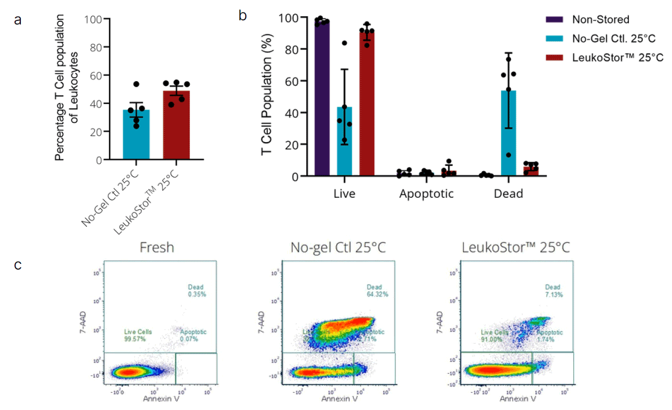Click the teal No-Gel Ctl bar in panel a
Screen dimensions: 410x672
coord(136,135)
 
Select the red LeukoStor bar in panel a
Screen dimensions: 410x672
coord(176,125)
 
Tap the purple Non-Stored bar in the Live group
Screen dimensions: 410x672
coord(322,99)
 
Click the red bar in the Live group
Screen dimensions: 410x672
coord(367,104)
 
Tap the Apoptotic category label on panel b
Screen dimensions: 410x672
coord(426,195)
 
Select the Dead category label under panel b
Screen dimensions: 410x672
coord(508,195)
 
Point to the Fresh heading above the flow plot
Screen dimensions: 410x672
coord(156,248)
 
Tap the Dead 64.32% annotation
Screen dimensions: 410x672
coord(377,290)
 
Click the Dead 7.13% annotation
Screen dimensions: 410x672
coord(552,290)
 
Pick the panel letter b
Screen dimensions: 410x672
coord(243,16)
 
